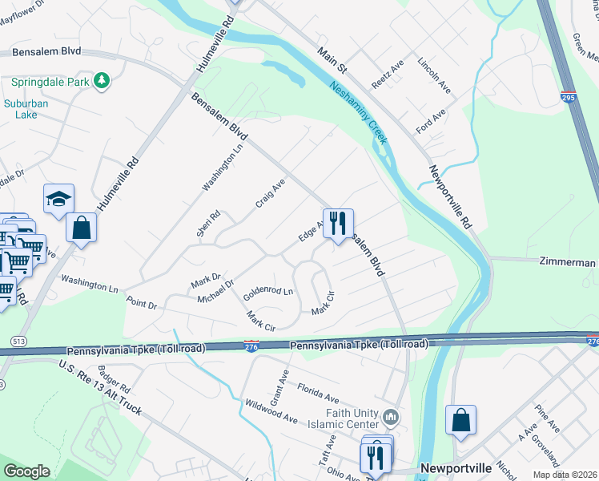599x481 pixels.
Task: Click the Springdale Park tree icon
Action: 101,81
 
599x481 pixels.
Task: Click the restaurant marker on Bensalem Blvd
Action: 338,223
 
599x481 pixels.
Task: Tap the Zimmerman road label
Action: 568,262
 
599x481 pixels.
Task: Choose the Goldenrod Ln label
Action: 268,294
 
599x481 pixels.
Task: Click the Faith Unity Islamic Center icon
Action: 391,416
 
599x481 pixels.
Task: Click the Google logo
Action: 26,472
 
